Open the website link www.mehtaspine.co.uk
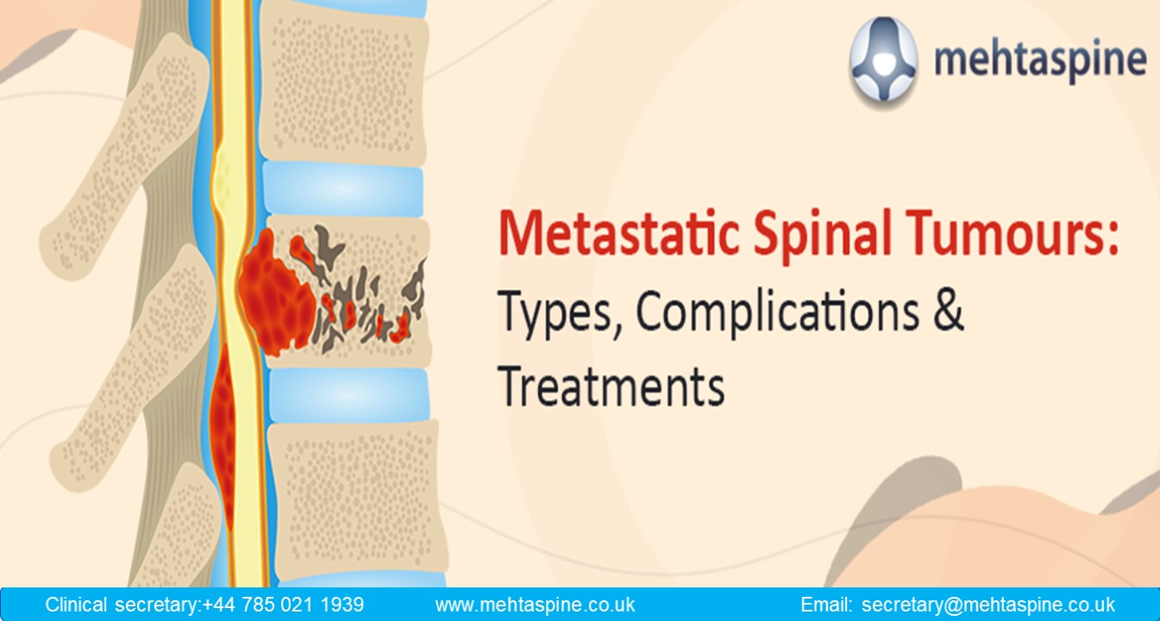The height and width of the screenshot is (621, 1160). click(x=535, y=605)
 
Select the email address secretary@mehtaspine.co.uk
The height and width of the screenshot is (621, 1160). click(x=988, y=605)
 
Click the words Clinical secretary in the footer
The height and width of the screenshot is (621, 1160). click(x=122, y=605)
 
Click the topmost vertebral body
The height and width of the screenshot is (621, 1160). click(x=345, y=82)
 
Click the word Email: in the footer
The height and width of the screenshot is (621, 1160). click(x=826, y=605)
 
